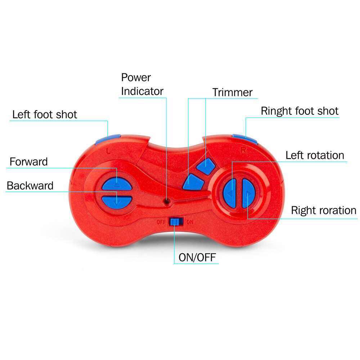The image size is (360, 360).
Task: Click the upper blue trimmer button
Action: [206, 166]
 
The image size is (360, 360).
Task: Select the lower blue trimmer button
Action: [193, 182]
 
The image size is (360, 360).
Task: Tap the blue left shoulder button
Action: [108, 139]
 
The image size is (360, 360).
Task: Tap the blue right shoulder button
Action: [245, 139]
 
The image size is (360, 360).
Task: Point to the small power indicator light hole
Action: [167, 202]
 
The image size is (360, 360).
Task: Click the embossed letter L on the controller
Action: [109, 151]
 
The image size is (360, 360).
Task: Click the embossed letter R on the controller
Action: [243, 150]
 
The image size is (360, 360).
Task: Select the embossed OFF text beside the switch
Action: [161, 222]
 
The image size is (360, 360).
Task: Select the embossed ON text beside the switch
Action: [190, 222]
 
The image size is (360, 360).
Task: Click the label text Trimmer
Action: [232, 92]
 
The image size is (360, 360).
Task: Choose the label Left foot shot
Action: [45, 114]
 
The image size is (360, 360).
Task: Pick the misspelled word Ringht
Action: [276, 112]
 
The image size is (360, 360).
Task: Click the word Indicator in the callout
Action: [142, 91]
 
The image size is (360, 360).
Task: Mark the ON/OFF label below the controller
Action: [197, 257]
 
